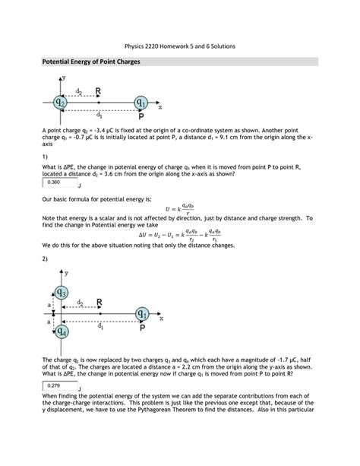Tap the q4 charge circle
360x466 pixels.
[62, 331]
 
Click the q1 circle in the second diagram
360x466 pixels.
[142, 312]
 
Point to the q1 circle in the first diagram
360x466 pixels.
[141, 102]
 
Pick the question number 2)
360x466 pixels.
[45, 258]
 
